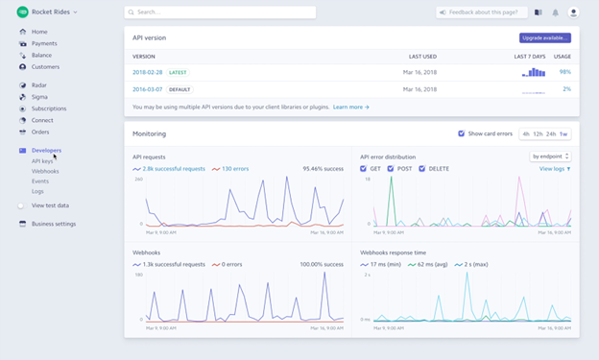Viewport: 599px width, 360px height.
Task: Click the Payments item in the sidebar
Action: click(x=43, y=43)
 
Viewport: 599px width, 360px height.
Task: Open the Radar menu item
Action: click(x=39, y=85)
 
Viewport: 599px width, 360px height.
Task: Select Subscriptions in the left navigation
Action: click(x=49, y=108)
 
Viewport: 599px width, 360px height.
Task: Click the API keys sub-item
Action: click(x=42, y=161)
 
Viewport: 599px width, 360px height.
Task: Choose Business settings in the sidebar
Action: click(x=53, y=224)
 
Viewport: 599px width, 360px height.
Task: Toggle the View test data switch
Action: click(x=49, y=205)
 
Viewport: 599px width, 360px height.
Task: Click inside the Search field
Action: click(x=221, y=12)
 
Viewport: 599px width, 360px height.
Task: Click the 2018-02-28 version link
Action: click(x=148, y=72)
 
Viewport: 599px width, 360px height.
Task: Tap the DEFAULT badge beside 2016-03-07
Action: click(x=180, y=89)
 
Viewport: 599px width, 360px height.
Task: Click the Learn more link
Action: click(x=350, y=108)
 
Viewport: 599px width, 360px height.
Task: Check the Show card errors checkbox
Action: click(x=462, y=133)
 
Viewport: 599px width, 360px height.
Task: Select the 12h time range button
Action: click(x=538, y=133)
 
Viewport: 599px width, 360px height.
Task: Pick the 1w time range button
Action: click(x=563, y=133)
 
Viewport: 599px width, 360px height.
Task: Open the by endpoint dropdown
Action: click(x=550, y=156)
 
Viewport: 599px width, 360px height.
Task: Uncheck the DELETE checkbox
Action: click(x=422, y=169)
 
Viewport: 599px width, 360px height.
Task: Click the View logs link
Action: click(x=554, y=169)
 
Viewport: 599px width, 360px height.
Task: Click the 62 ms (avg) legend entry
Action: click(x=433, y=264)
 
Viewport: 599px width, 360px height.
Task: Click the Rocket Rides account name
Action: click(x=50, y=12)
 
